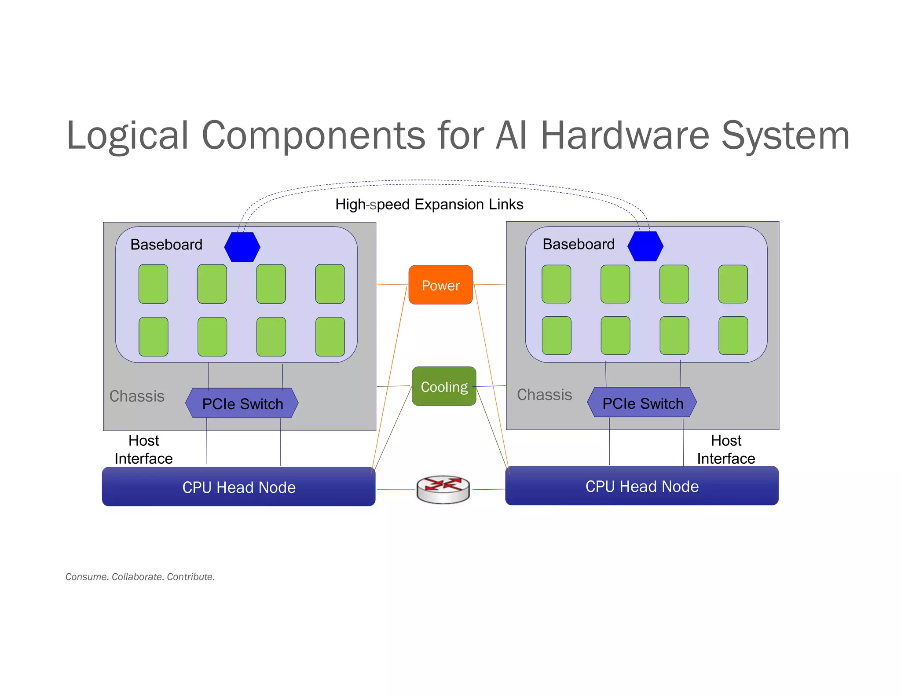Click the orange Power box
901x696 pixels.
point(440,285)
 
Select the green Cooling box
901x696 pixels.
point(444,386)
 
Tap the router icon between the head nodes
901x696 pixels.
point(443,489)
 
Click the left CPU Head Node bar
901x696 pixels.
point(238,487)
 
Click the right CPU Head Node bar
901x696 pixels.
point(642,486)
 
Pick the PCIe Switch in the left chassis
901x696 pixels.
point(242,403)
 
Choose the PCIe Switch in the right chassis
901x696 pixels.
point(642,403)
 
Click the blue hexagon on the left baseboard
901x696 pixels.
point(242,247)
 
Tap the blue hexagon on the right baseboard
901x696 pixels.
point(645,246)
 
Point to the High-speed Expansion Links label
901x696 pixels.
point(429,205)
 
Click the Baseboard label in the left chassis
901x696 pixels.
point(166,245)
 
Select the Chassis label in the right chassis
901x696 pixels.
point(544,395)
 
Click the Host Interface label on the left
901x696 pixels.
point(143,450)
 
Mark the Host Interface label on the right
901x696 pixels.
point(726,450)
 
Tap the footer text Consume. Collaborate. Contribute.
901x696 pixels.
point(140,577)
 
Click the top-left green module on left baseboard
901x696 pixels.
point(153,284)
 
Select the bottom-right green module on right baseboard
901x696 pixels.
point(733,335)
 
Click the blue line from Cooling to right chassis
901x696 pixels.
point(491,386)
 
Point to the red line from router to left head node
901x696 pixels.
point(396,489)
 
